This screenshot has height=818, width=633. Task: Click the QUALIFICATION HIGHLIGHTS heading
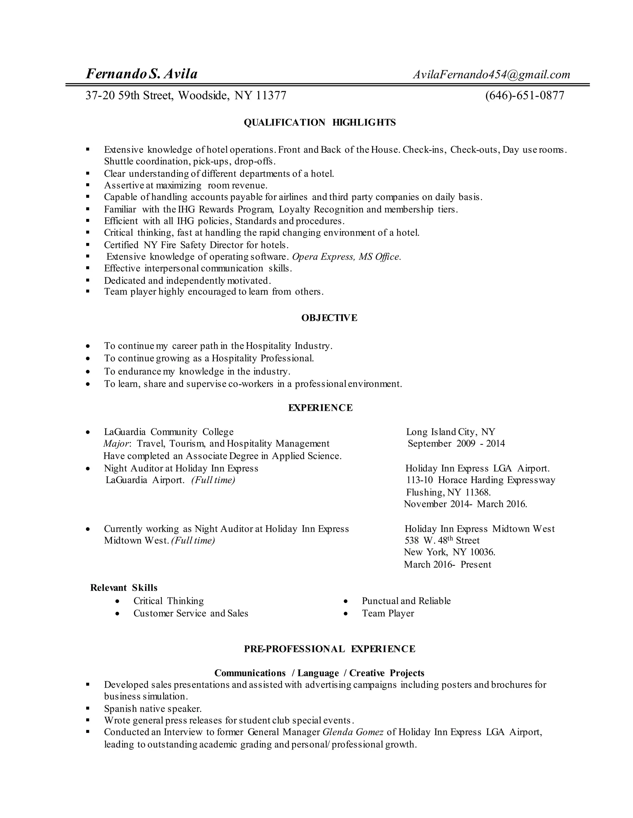point(320,123)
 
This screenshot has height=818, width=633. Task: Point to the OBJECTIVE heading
point(329,318)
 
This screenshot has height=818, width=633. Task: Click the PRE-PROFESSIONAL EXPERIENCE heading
point(329,649)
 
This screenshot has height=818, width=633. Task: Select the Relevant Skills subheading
point(124,588)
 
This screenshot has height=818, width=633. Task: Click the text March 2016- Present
point(447,565)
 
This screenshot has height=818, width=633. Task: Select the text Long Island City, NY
point(450,432)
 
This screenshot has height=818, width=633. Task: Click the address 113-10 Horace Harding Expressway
point(481,480)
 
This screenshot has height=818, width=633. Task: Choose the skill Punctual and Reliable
point(406,601)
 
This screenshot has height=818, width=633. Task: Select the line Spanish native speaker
point(153,709)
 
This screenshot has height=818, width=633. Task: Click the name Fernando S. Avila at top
point(142,74)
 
